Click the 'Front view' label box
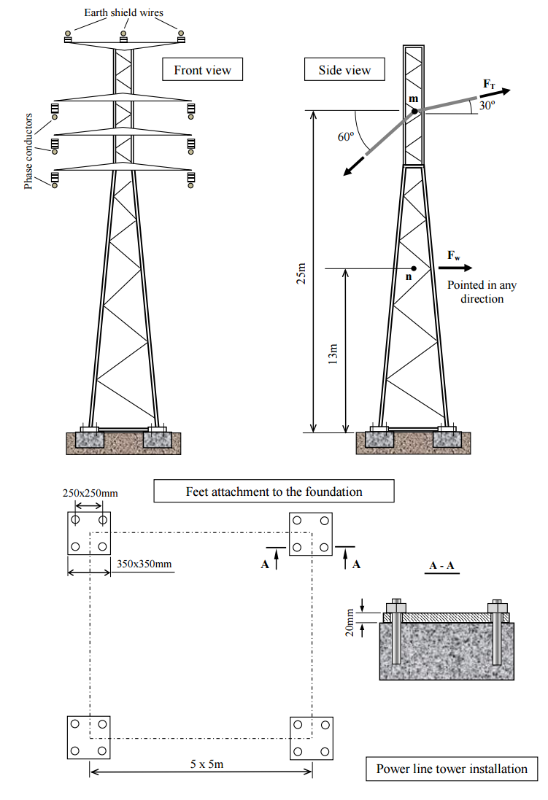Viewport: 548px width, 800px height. click(x=202, y=70)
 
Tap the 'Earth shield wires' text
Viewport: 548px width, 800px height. click(x=123, y=12)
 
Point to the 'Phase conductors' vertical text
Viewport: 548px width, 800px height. click(x=28, y=151)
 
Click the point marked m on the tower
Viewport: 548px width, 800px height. click(x=414, y=112)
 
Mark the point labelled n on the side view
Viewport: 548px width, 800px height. click(x=414, y=268)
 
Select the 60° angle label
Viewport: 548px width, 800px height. click(x=345, y=136)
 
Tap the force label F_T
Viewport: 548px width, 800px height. click(x=490, y=85)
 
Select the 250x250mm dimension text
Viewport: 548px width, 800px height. click(x=90, y=494)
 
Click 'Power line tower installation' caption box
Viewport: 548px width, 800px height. click(x=452, y=769)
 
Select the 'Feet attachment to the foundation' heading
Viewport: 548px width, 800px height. click(x=274, y=491)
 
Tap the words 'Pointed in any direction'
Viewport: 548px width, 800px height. click(x=476, y=292)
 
